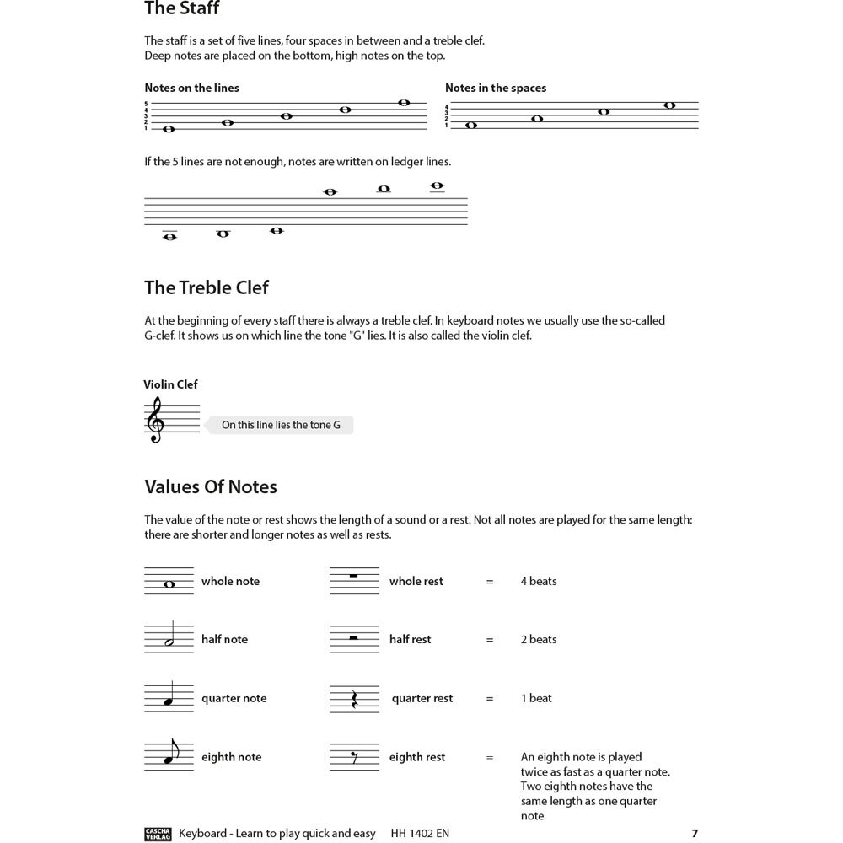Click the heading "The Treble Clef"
click(x=206, y=287)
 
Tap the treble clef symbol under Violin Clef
click(x=155, y=421)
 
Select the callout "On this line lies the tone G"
click(x=281, y=426)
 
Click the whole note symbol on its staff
click(x=169, y=584)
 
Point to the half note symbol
click(x=171, y=638)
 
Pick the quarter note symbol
click(x=169, y=699)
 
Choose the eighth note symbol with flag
click(x=171, y=754)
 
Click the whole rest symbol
click(x=353, y=577)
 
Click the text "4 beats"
click(x=539, y=582)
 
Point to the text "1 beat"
click(x=536, y=699)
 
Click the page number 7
click(x=695, y=834)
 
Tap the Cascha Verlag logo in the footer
click(x=158, y=834)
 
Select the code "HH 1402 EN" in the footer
click(x=420, y=834)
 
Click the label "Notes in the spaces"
click(x=496, y=88)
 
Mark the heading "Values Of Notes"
click(x=211, y=487)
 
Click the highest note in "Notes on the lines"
click(x=404, y=103)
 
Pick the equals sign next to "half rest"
click(x=490, y=640)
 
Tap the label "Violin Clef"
click(x=170, y=384)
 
